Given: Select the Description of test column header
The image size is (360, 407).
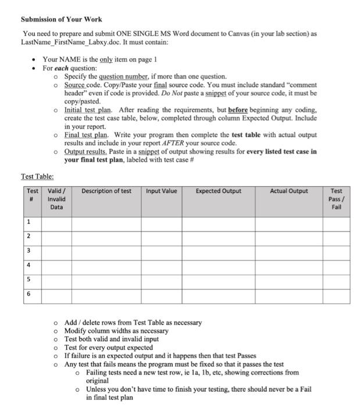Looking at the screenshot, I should [106, 191].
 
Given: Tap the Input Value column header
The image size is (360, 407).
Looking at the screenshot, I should [161, 191].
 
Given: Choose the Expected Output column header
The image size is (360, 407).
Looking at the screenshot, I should [218, 191].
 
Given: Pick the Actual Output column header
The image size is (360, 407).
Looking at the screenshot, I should [288, 191].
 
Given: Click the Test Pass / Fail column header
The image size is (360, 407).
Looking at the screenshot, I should [336, 198].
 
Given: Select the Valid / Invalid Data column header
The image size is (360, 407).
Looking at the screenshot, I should [56, 198].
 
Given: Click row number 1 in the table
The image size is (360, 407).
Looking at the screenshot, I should [28, 222].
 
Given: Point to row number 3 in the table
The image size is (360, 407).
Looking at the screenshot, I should [28, 251].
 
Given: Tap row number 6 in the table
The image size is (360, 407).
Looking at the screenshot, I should [28, 294].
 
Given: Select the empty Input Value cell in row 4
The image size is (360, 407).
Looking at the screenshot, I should [161, 265].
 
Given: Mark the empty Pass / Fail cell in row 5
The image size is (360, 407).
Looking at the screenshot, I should [336, 280].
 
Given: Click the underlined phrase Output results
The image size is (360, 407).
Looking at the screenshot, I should [85, 151].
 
